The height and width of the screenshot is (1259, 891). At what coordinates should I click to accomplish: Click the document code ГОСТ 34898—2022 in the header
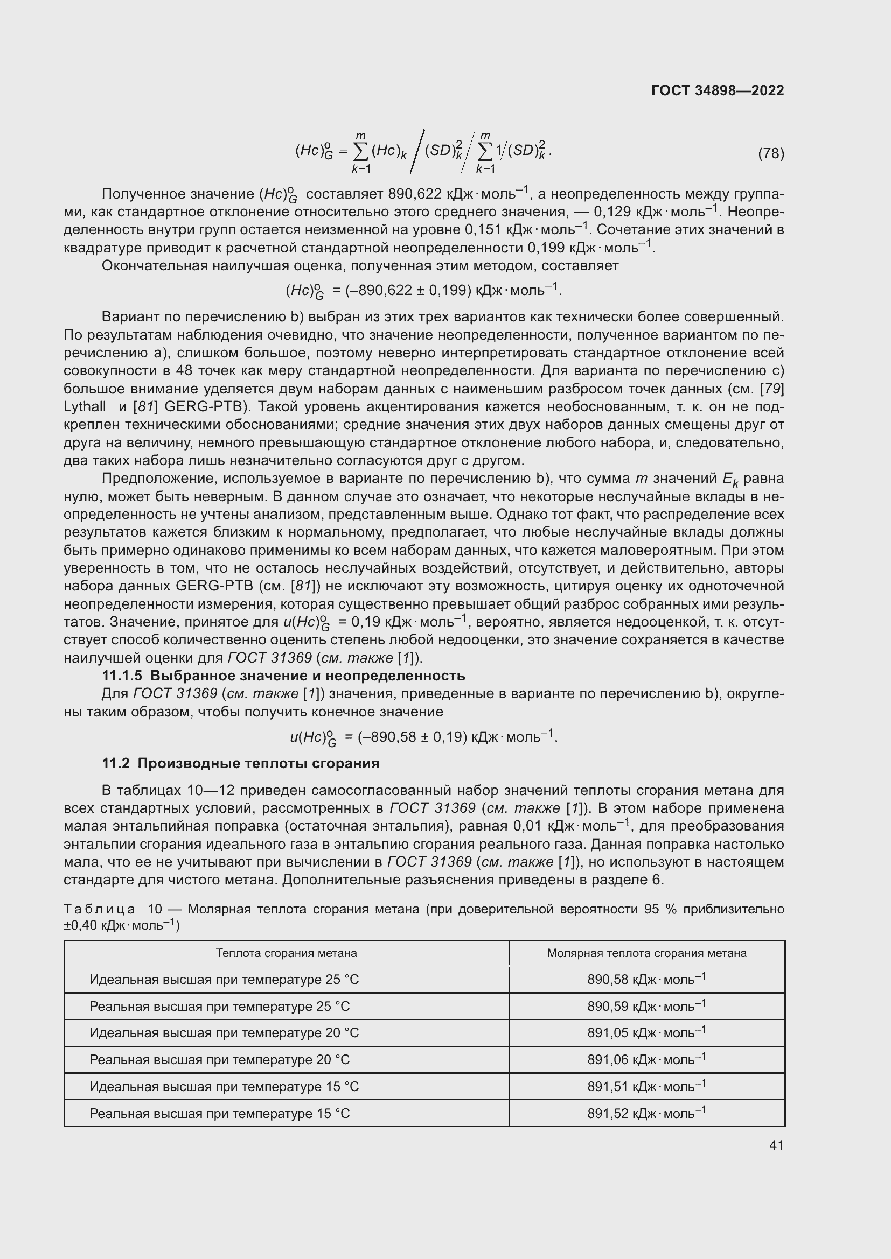coord(717,90)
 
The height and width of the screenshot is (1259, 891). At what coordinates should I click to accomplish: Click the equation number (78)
coord(771,153)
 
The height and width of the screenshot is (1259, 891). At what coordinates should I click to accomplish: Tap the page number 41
coord(776,1145)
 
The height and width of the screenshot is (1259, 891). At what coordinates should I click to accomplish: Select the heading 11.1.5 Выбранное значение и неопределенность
coord(283,676)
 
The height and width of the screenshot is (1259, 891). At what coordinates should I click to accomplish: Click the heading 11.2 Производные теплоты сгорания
coord(240,763)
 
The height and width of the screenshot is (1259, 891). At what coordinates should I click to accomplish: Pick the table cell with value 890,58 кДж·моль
coord(646,979)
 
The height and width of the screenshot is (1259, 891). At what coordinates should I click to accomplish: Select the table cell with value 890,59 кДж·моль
coord(646,1006)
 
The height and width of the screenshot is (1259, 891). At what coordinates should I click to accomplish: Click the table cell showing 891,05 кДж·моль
coord(646,1033)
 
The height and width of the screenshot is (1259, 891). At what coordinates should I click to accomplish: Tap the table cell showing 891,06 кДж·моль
coord(646,1060)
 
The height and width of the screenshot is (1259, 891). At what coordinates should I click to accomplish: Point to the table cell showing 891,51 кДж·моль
coord(646,1087)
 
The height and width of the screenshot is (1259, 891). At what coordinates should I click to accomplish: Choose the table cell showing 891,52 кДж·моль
coord(646,1114)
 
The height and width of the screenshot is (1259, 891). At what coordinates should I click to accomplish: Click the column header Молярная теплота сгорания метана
coord(646,953)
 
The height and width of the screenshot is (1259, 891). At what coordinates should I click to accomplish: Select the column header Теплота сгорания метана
coord(287,953)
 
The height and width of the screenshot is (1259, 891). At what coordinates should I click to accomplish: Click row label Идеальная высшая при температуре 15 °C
coord(224,1087)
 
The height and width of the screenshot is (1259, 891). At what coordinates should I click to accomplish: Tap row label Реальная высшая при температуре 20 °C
coord(219,1060)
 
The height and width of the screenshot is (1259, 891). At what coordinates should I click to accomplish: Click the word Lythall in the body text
coord(85,407)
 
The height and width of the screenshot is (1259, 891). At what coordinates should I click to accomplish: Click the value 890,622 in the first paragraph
coord(414,194)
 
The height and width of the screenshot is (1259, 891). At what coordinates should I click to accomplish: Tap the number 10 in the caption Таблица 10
coord(155,909)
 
